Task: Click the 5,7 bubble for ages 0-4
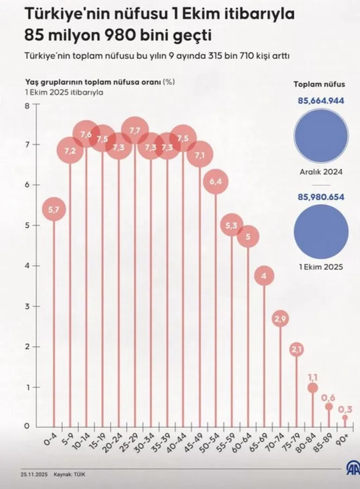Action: (x=54, y=209)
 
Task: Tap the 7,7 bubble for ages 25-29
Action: (x=135, y=131)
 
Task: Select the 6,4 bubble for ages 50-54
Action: (x=216, y=181)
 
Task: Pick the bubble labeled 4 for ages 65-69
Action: (x=264, y=277)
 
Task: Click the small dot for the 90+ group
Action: (x=345, y=417)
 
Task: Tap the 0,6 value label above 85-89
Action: (x=329, y=397)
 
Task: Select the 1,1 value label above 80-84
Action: (x=313, y=376)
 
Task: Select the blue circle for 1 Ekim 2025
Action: (x=320, y=231)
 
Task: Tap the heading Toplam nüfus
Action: (x=319, y=84)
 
